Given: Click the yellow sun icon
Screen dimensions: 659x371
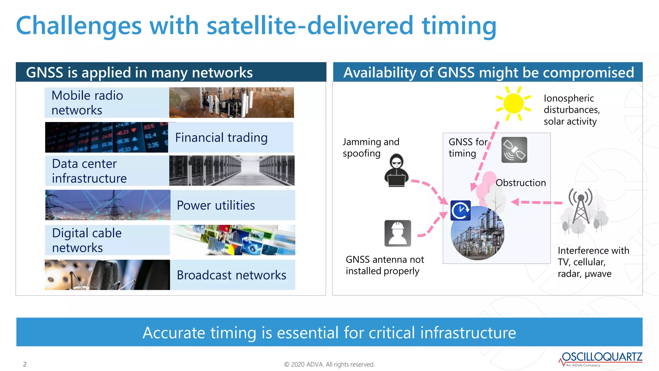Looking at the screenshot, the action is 514,103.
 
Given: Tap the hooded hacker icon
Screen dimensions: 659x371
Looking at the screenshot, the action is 396,170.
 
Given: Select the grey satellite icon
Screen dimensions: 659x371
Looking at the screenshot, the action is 514,150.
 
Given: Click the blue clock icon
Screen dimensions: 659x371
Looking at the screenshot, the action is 460,211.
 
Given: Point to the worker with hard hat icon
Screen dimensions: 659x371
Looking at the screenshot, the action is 398,233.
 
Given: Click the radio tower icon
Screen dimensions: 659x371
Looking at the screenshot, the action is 581,206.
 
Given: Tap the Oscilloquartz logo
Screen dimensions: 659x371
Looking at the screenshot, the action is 600,359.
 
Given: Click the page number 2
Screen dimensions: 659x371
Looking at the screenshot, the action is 25,364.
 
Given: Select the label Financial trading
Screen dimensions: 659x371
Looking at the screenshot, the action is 221,138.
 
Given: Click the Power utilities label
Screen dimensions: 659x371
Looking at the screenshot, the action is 216,205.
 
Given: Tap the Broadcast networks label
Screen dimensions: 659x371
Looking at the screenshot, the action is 231,275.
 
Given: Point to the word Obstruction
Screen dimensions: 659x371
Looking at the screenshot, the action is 521,183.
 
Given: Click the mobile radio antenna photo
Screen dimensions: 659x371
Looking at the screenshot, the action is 231,102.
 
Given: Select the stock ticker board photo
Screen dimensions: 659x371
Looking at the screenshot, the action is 107,137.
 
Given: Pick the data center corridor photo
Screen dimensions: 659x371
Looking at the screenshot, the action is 232,171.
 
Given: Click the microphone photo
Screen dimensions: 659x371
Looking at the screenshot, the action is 107,275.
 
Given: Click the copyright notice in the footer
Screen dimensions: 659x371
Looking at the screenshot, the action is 329,364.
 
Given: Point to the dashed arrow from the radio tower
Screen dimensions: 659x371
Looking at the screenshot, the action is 536,202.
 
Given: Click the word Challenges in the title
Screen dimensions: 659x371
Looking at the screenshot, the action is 79,26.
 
